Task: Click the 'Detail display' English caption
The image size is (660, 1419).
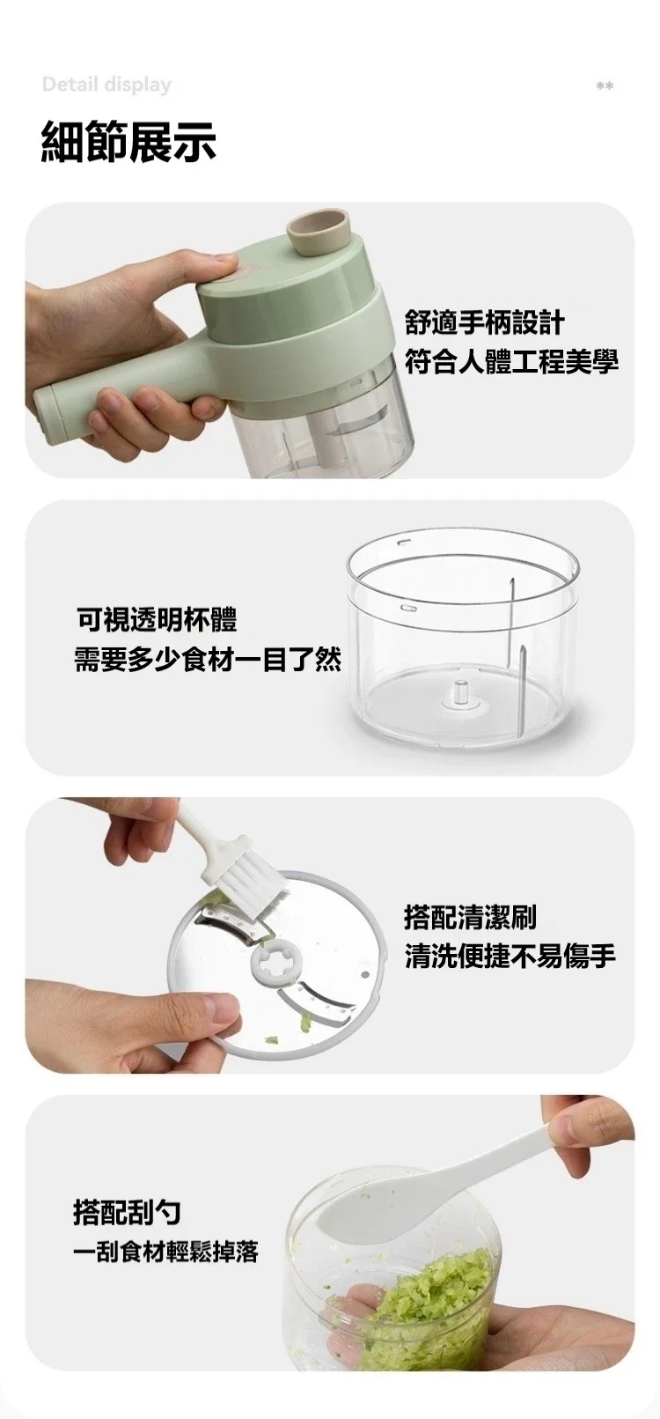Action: pos(106,85)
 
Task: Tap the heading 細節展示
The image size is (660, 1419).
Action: pos(129,141)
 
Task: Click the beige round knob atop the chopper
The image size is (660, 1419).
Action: pos(319,233)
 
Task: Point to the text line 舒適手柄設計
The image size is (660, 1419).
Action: pos(485,322)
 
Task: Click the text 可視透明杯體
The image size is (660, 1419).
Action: pos(157,619)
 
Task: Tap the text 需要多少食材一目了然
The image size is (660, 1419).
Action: pos(209,660)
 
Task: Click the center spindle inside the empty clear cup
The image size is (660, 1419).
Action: pos(460,692)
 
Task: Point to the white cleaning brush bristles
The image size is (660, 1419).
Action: pos(246,879)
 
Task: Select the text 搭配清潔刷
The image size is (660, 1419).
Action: pos(471,917)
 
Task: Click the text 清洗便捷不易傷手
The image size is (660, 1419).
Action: pos(510,955)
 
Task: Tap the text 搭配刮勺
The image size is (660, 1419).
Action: pos(128,1211)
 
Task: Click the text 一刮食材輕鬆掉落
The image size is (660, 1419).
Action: pos(165,1252)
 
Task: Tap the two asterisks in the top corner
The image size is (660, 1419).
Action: pos(605,85)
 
